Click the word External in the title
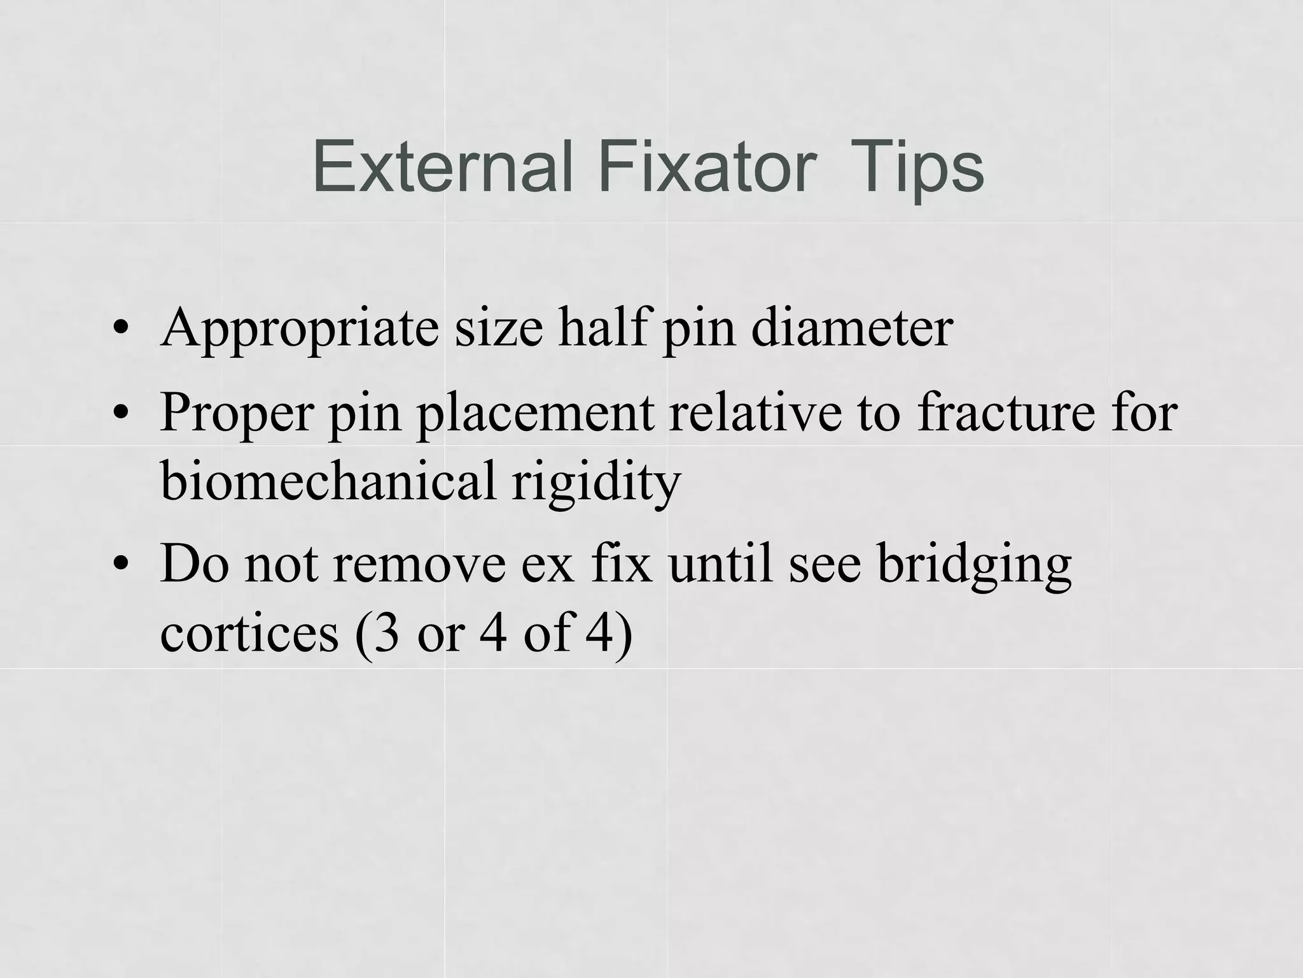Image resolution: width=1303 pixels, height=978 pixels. (443, 167)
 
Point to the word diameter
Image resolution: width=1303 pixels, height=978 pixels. (852, 327)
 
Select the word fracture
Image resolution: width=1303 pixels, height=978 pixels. (1006, 412)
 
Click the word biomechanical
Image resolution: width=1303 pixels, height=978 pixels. (328, 480)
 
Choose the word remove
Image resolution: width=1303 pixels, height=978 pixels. (419, 563)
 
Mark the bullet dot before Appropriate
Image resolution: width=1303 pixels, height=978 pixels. (120, 330)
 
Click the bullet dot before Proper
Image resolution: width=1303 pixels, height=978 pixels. (120, 415)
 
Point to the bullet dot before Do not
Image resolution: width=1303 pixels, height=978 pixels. (120, 565)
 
